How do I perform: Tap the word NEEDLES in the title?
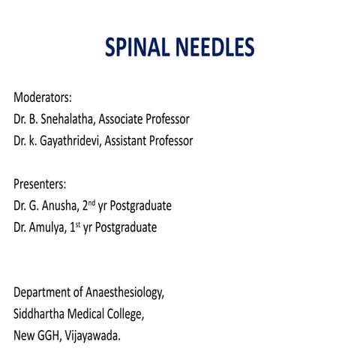coord(214,47)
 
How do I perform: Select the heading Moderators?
coord(43,97)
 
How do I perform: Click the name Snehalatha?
coord(69,118)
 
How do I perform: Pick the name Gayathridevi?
coord(73,140)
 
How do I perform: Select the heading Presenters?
coord(40,184)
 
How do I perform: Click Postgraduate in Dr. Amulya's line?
coord(127,227)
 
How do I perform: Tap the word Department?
coord(44,292)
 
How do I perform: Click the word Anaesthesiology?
coord(125,292)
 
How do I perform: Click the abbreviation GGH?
coord(53,335)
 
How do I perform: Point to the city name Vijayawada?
coord(96,335)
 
